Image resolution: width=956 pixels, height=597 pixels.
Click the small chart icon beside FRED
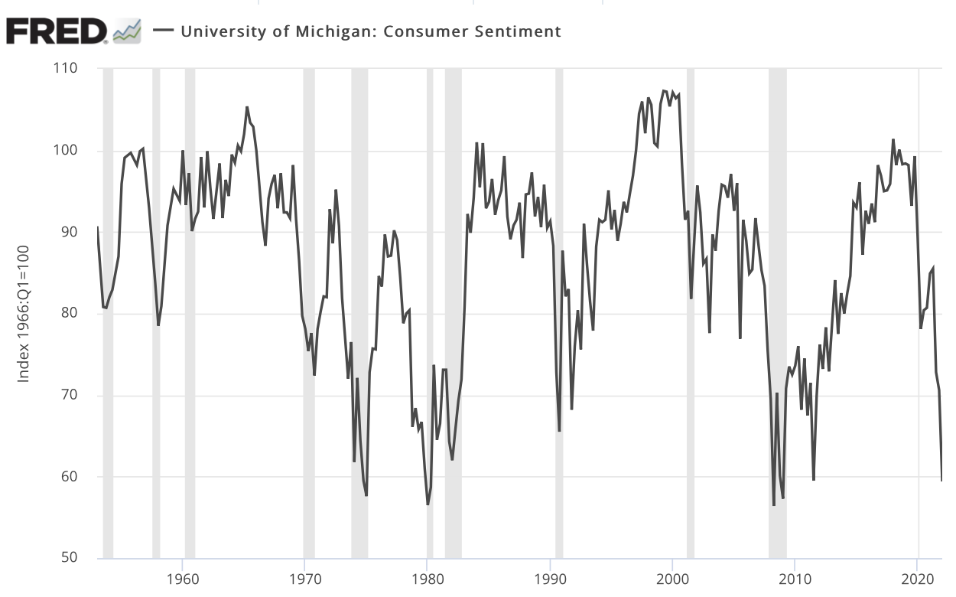(127, 31)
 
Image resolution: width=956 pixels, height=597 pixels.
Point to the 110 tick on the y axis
(67, 69)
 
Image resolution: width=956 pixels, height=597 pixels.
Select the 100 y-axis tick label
(67, 151)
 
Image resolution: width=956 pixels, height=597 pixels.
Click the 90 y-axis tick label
(69, 232)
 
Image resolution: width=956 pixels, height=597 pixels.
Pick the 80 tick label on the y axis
(69, 313)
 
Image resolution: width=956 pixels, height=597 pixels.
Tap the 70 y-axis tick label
(69, 395)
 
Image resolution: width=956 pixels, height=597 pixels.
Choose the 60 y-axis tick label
(69, 476)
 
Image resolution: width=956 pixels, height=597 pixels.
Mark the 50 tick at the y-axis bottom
(69, 557)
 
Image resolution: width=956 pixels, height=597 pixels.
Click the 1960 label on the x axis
(183, 576)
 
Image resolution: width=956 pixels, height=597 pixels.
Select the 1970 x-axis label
(305, 576)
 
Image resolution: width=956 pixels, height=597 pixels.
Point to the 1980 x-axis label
(428, 576)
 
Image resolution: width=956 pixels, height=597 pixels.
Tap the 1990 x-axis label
(550, 576)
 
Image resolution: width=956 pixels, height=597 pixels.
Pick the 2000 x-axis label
(672, 576)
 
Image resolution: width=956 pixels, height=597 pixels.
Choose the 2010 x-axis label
(795, 576)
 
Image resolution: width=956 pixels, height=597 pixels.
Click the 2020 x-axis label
(917, 576)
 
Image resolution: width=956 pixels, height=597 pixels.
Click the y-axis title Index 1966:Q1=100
(24, 314)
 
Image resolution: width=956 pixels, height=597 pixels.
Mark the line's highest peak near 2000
(664, 91)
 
